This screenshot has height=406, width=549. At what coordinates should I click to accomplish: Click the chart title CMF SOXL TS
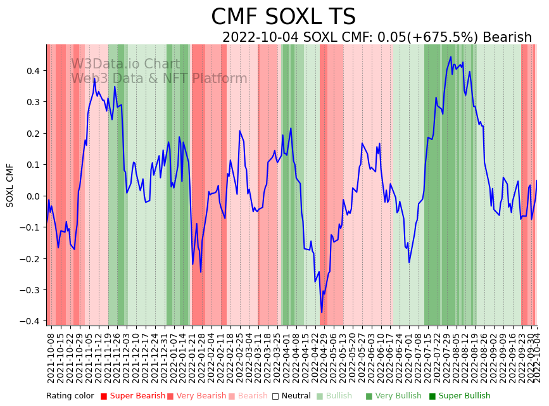coord(283,17)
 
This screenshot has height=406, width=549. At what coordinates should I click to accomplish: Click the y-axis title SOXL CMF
coord(10,185)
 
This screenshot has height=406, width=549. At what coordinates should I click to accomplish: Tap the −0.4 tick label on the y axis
coord(30,321)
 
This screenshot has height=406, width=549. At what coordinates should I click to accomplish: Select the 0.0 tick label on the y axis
coord(33,196)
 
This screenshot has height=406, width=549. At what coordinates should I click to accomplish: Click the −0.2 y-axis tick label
coord(30,258)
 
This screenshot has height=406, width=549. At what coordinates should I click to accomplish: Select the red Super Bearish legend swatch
coord(104,396)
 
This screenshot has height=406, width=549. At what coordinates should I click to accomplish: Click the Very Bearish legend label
coord(201,396)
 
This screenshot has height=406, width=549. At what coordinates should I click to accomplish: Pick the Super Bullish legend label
coord(464,396)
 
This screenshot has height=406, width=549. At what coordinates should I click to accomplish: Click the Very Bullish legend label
coord(398,396)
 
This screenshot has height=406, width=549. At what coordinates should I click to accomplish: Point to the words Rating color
coord(70,396)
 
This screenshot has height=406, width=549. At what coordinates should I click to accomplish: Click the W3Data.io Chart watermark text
coord(125,64)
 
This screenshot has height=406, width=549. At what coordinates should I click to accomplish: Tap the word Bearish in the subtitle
coord(507,37)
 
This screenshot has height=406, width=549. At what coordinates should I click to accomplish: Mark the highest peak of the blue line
coord(451,57)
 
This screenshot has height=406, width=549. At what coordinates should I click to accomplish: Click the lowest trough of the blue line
coord(321,312)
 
